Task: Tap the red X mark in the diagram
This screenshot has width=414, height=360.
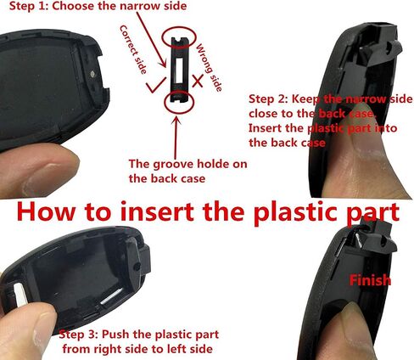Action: point(198,81)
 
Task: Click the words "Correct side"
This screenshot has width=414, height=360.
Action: point(133,49)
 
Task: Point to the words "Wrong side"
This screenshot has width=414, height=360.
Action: point(209,67)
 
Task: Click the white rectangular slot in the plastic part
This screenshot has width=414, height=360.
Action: point(179,70)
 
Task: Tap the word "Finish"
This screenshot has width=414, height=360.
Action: point(370,280)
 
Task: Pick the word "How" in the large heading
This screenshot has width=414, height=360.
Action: point(46,212)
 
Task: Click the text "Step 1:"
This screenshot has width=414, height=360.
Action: point(28,6)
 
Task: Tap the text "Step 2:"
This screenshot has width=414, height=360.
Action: point(268,99)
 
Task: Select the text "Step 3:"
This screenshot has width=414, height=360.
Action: point(78,335)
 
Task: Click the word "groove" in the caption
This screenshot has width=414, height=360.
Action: point(173,165)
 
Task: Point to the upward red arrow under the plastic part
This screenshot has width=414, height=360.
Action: point(176,138)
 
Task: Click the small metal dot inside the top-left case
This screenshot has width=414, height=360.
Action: point(92,74)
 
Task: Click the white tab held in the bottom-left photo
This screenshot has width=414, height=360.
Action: point(20,295)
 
